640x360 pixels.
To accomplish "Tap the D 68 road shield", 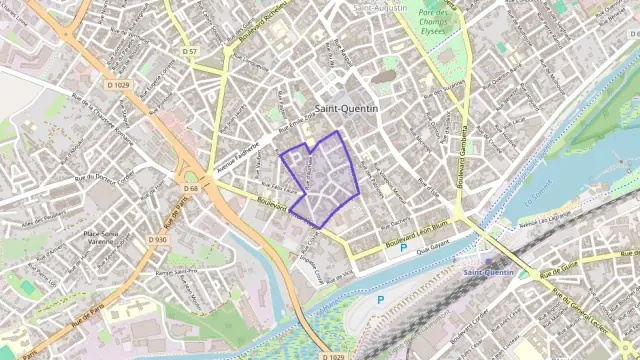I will [x=190, y=188].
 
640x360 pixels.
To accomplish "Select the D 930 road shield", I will [x=158, y=240].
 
